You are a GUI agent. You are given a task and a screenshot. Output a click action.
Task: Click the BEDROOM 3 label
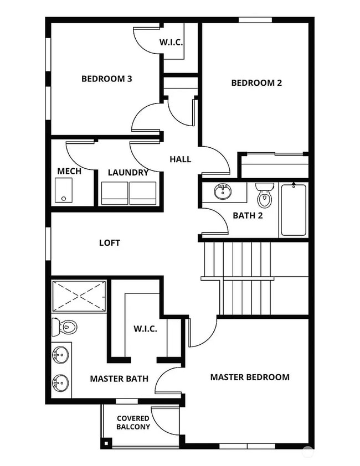click(x=106, y=79)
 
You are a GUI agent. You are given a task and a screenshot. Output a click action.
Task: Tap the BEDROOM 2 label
click(x=256, y=83)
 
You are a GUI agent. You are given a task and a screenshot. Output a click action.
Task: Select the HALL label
click(x=180, y=159)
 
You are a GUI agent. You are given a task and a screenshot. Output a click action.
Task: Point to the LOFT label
click(x=109, y=243)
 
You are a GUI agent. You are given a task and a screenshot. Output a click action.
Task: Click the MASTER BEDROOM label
click(x=249, y=377)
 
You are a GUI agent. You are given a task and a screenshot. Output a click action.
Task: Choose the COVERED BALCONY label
click(x=133, y=423)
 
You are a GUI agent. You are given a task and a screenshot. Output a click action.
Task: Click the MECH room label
click(x=69, y=171)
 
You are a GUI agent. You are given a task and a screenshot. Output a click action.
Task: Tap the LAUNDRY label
click(x=128, y=173)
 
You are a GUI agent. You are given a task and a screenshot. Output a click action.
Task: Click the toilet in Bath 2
click(x=265, y=195)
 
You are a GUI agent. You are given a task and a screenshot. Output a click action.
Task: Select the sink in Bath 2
click(x=223, y=193)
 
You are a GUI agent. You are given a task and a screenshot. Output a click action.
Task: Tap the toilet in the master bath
click(x=64, y=327)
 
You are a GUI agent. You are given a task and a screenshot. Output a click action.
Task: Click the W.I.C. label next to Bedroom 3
click(x=171, y=42)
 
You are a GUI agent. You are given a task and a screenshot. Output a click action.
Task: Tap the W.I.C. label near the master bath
click(x=145, y=329)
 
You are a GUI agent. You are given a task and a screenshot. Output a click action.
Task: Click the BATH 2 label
click(x=248, y=215)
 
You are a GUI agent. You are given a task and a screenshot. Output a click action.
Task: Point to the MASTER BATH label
click(x=119, y=379)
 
